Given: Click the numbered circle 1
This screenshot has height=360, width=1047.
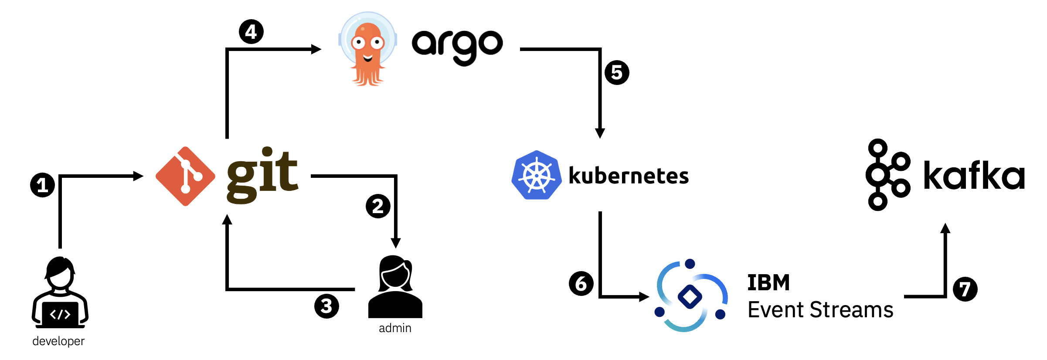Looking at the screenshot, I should tap(42, 185).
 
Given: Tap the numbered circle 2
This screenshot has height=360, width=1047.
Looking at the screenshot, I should tap(378, 206).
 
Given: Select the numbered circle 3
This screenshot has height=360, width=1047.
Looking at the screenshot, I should tap(326, 306).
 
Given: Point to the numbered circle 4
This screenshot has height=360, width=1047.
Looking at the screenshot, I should tap(251, 32).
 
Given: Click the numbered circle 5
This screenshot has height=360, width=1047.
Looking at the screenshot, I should tap(617, 72).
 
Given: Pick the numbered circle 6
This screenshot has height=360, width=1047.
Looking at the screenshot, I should tap(581, 284).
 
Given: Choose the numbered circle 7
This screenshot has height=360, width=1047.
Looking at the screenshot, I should tap(965, 289).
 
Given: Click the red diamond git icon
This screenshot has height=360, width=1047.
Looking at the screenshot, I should tap(185, 176).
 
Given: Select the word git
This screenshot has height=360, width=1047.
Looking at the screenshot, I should tap(262, 175).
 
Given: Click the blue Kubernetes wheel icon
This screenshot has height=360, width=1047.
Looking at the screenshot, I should tap(536, 175).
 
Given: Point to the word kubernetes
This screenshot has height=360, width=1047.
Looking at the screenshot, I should tap(629, 176).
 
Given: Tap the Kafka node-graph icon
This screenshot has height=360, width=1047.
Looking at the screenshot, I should tap(887, 175).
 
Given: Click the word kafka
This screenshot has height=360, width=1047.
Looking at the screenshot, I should tap(974, 175).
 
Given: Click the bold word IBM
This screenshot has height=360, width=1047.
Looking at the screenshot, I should tap(768, 282).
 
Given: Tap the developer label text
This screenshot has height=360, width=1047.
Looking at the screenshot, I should tap(58, 341).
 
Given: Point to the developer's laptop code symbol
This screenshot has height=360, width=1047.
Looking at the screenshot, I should tap(60, 314).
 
